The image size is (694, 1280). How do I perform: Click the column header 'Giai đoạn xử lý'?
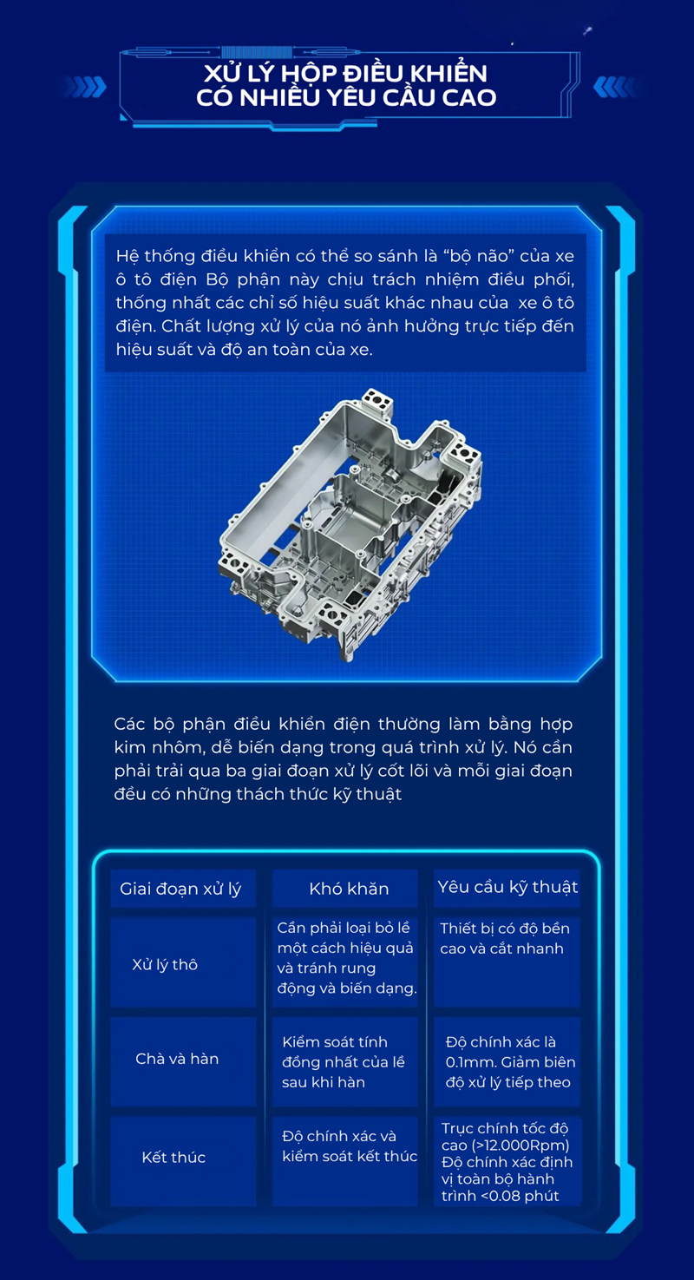[x=180, y=889]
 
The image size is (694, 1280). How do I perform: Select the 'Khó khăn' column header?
[x=349, y=889]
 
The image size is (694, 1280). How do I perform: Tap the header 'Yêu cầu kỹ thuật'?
[x=507, y=888]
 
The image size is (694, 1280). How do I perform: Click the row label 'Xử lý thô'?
[x=165, y=965]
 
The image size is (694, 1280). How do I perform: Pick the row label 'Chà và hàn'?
[x=177, y=1059]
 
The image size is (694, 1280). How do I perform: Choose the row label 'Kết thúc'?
[x=173, y=1157]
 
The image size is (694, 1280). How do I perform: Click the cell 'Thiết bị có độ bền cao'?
[x=505, y=938]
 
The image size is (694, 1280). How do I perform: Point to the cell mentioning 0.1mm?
[x=510, y=1061]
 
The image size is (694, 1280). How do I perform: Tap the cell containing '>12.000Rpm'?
[x=507, y=1162]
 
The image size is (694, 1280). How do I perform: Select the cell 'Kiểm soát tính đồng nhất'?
[x=344, y=1061]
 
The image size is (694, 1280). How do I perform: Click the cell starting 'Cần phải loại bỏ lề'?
[x=347, y=958]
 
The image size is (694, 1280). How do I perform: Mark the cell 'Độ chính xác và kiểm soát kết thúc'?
[x=350, y=1145]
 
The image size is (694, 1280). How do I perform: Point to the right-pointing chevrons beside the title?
[x=85, y=87]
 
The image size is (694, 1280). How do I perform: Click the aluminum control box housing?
[x=350, y=524]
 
